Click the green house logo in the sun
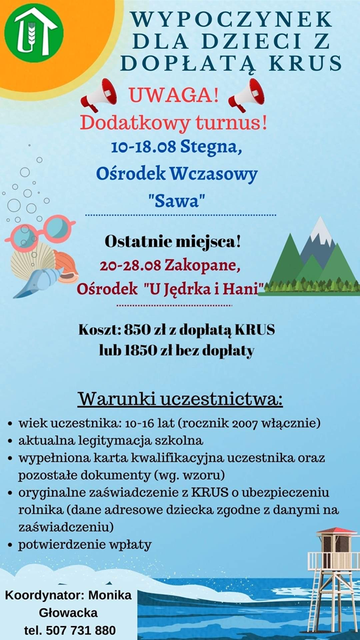point(34,32)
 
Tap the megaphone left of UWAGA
point(98,95)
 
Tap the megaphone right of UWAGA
point(247,95)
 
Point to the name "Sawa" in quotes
point(176,200)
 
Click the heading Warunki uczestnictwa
point(180,399)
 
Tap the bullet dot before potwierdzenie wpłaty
point(10,545)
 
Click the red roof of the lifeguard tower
point(337,531)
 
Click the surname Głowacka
point(68,613)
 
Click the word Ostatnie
point(132,243)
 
